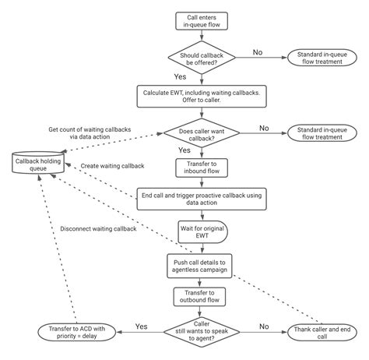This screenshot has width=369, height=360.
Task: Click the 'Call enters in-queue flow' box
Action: pyautogui.click(x=202, y=23)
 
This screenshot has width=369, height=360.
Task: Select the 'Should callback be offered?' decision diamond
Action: pyautogui.click(x=202, y=58)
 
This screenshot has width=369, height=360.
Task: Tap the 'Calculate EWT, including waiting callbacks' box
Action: pyautogui.click(x=202, y=95)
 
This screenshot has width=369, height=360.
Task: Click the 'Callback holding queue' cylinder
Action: pyautogui.click(x=40, y=164)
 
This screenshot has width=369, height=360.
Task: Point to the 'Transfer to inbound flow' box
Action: pyautogui.click(x=202, y=168)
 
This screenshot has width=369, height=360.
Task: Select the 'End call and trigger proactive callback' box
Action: pyautogui.click(x=202, y=199)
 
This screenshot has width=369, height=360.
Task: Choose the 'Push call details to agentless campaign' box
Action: pyautogui.click(x=202, y=265)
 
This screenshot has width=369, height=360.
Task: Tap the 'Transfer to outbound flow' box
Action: pyautogui.click(x=202, y=298)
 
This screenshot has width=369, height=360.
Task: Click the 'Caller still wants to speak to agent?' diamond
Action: pyautogui.click(x=202, y=333)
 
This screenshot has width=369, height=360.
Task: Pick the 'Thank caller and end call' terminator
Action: pyautogui.click(x=320, y=333)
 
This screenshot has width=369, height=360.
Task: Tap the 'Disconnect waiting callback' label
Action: pyautogui.click(x=98, y=228)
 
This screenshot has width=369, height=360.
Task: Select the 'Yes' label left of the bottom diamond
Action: pyautogui.click(x=142, y=326)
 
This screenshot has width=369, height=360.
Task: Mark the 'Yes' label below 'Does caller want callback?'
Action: pyautogui.click(x=184, y=150)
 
